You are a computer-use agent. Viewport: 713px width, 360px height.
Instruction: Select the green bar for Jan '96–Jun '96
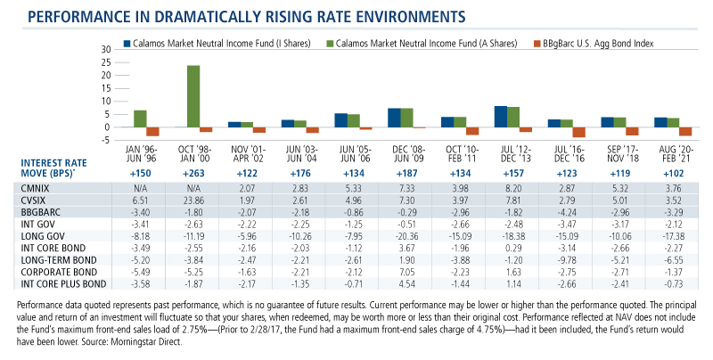[140, 119]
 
